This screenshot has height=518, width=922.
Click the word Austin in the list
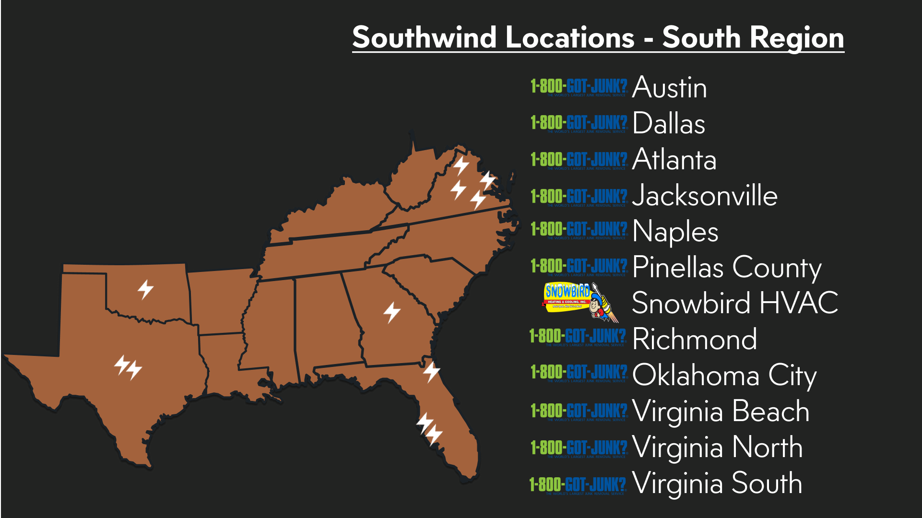[x=669, y=88]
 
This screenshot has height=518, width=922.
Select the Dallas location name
[x=669, y=124]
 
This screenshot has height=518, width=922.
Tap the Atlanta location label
[x=674, y=160]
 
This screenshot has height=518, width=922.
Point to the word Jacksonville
[x=704, y=196]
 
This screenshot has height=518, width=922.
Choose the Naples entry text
[x=675, y=232]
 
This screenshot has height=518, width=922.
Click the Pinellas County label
[x=726, y=268]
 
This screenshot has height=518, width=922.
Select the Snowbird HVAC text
[x=734, y=303]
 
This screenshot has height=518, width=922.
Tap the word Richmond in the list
[x=694, y=339]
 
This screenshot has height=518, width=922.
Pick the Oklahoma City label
[x=724, y=375]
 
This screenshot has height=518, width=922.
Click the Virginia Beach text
[x=721, y=411]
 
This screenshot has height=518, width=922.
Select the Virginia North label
[x=717, y=447]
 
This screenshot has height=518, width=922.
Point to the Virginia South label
[x=717, y=483]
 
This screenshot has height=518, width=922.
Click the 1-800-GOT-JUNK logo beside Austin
[x=579, y=87]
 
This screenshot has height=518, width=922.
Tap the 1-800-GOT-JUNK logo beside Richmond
[x=578, y=337]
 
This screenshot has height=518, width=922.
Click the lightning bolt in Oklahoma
[x=145, y=289]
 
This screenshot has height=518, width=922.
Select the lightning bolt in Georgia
[x=392, y=312]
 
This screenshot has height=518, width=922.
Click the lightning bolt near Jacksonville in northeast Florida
[x=431, y=372]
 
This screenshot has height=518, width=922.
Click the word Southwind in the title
[x=424, y=37]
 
